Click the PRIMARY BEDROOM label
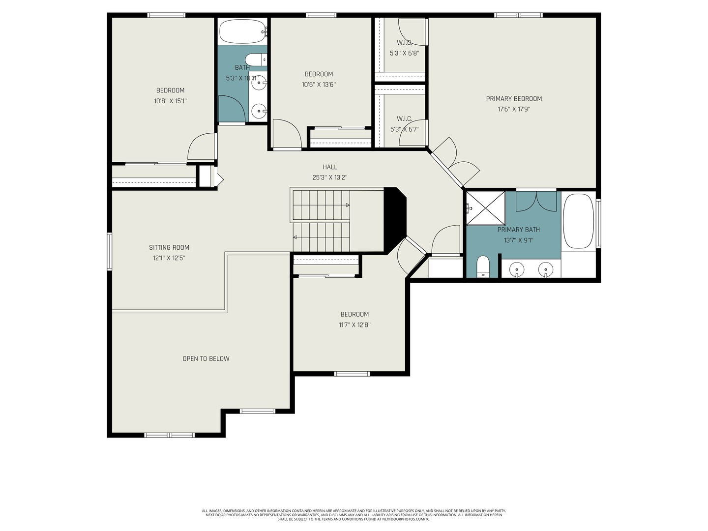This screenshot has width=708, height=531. [x=514, y=99]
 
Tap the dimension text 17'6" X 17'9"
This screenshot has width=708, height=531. [x=514, y=109]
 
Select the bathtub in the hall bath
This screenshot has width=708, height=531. [x=242, y=31]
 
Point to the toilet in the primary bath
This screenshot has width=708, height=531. [x=483, y=266]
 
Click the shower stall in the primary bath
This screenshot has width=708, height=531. [x=485, y=208]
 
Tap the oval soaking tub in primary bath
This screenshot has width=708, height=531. [x=578, y=221]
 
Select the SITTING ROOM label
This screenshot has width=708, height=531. [x=169, y=247]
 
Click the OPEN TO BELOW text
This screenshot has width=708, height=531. [x=206, y=358]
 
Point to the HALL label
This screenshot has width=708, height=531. [x=330, y=167]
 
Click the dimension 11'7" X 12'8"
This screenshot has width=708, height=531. [x=354, y=325]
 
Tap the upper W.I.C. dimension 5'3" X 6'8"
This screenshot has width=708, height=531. [x=404, y=53]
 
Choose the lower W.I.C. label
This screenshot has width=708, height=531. [x=404, y=118]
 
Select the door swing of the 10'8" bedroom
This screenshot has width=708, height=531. [x=202, y=147]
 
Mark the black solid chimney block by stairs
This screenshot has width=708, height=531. [x=395, y=219]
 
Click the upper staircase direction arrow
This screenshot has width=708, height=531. [x=347, y=205]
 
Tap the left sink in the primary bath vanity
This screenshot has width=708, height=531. [x=516, y=269]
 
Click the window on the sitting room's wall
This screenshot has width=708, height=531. [x=110, y=251]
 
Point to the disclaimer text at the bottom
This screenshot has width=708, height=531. [x=354, y=515]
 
